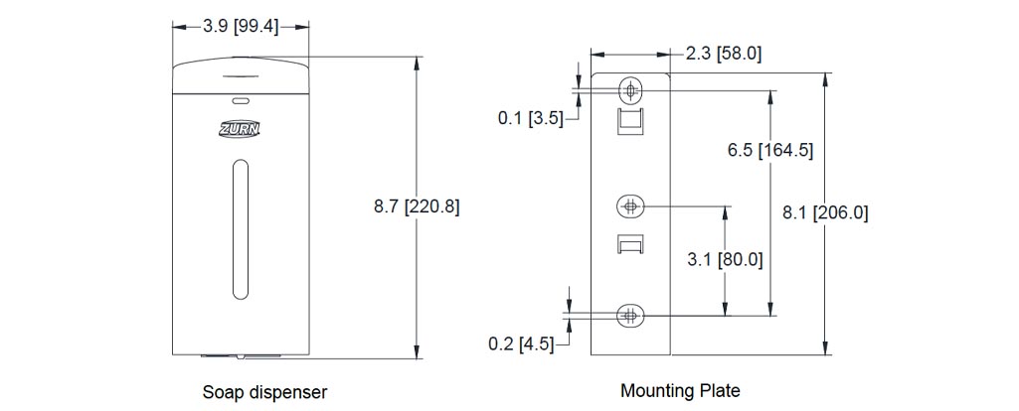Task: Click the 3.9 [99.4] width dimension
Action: (x=241, y=28)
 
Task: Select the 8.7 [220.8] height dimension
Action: (x=417, y=206)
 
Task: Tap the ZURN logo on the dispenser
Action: (x=240, y=128)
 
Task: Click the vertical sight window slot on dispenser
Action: (x=240, y=228)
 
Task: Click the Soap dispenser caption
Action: (x=264, y=392)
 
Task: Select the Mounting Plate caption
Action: (x=680, y=390)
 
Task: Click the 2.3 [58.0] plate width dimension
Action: (x=724, y=53)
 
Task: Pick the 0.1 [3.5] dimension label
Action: (x=530, y=119)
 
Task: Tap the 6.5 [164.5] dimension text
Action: (x=770, y=151)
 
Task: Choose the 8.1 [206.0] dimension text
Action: (x=825, y=212)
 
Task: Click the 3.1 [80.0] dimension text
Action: (x=725, y=260)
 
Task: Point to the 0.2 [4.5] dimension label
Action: (x=521, y=344)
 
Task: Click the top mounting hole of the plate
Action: (x=630, y=90)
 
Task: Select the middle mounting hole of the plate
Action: (x=630, y=206)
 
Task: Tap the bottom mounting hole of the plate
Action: (x=630, y=316)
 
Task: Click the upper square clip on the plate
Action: (x=630, y=123)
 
